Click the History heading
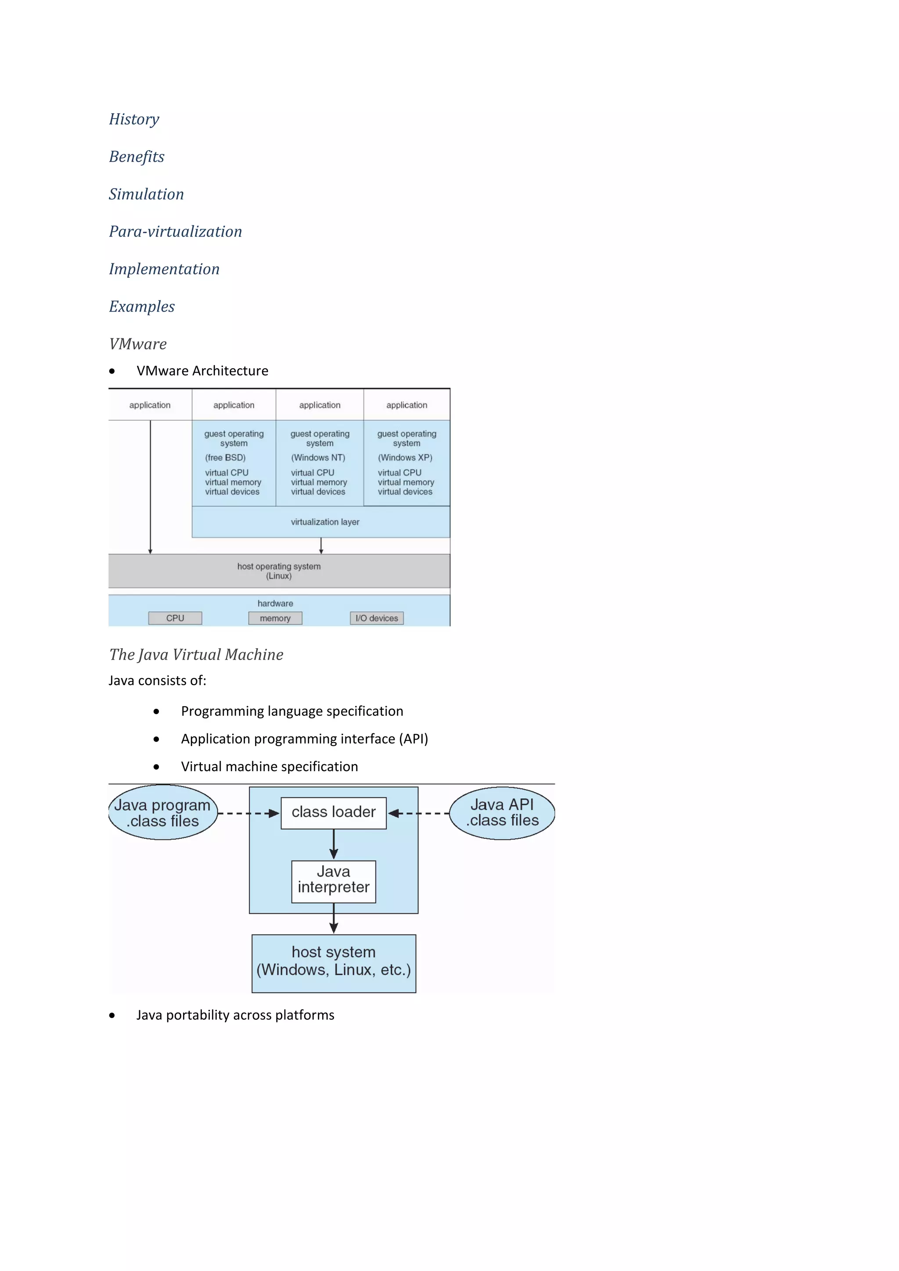(x=134, y=119)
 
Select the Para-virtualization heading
(x=176, y=231)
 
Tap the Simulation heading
(x=146, y=194)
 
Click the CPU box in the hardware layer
(x=175, y=618)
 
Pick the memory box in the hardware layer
(x=275, y=618)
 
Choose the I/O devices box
(x=377, y=618)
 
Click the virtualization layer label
(x=325, y=522)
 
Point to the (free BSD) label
(x=225, y=457)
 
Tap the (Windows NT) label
(x=318, y=457)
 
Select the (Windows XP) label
(x=405, y=457)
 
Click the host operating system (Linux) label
(x=279, y=571)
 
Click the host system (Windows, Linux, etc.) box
(x=333, y=963)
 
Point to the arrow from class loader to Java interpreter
(x=333, y=845)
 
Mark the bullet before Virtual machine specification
(x=157, y=767)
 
